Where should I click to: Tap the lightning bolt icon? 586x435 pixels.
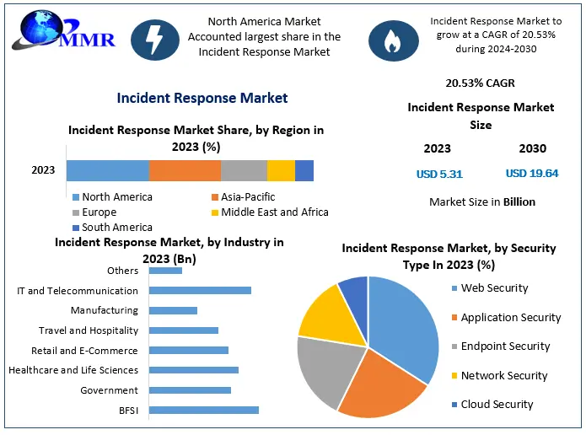tap(155, 39)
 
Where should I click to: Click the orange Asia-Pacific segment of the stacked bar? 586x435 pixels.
tap(185, 170)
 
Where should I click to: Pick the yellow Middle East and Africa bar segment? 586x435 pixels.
tap(281, 170)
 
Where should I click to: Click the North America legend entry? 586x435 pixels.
tap(113, 197)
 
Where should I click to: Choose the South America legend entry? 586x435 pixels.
tap(113, 228)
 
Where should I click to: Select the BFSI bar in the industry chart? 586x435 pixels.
tap(203, 411)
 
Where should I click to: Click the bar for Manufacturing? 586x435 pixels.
tap(173, 310)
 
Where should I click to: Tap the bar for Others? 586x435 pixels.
tap(165, 271)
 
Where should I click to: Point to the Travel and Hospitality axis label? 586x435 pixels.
tap(88, 330)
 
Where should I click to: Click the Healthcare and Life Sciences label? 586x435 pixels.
tap(73, 370)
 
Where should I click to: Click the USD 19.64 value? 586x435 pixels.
tap(531, 174)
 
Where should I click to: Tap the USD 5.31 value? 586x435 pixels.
tap(438, 175)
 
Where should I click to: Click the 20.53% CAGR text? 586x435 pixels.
tap(480, 83)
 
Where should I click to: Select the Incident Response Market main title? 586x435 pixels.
tap(202, 98)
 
